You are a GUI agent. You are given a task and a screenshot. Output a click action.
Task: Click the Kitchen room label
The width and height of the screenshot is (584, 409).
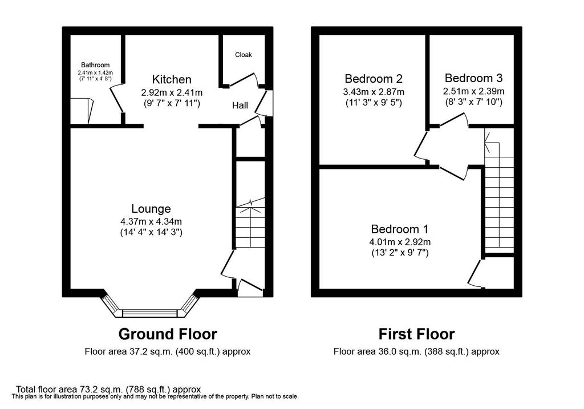[x=172, y=79]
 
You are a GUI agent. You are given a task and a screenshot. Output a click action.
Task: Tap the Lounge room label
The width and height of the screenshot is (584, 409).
[x=151, y=209]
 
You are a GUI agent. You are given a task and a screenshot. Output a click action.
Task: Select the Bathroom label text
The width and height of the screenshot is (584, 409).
[x=95, y=65]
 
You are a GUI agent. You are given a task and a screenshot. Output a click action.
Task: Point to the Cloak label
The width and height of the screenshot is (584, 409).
[x=243, y=55]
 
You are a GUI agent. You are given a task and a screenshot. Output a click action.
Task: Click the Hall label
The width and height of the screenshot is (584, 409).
[x=240, y=106]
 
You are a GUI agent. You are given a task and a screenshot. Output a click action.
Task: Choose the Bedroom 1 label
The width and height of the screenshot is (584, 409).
[x=400, y=229]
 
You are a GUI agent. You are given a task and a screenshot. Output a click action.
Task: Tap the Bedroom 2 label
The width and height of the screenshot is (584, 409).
[x=374, y=79]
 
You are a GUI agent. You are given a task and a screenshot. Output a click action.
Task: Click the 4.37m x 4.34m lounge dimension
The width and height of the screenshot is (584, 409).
[x=151, y=221]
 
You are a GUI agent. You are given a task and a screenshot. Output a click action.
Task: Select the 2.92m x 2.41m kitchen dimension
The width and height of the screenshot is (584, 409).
[x=172, y=92]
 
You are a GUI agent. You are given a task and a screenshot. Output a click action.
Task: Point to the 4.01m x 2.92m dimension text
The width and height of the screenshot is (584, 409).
[x=400, y=242]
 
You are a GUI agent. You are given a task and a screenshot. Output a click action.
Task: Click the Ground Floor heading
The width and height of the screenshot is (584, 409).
[x=168, y=334]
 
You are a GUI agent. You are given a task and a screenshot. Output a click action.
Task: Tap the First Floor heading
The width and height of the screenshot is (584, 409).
[x=416, y=334]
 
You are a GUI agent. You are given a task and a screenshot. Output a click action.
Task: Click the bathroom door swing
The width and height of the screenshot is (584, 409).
[x=116, y=99]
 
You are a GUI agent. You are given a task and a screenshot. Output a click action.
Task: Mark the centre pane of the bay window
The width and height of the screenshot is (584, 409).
[x=150, y=313]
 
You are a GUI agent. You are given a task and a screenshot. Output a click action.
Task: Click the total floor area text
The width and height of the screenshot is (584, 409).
[x=108, y=390]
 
